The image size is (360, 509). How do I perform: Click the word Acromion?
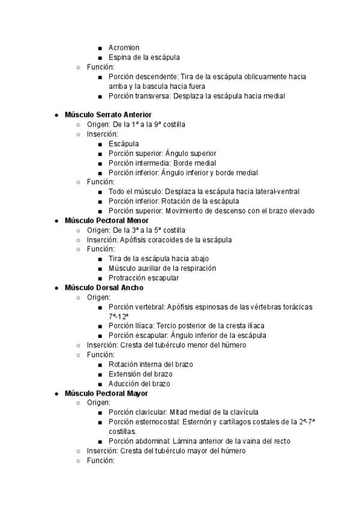(124, 48)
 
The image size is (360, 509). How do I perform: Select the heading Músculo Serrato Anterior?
(108, 115)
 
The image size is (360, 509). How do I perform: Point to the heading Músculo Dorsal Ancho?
(104, 288)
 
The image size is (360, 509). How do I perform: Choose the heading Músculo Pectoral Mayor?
(106, 393)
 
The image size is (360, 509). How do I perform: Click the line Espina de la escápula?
(144, 58)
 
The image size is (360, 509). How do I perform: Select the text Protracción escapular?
(143, 278)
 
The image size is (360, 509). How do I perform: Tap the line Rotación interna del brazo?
(151, 364)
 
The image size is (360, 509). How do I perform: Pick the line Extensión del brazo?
(140, 374)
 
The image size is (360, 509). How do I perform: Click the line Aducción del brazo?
(139, 384)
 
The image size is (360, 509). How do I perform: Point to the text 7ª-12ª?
(119, 316)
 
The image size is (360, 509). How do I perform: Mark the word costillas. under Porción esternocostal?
(122, 432)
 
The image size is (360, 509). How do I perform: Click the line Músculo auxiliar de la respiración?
(162, 268)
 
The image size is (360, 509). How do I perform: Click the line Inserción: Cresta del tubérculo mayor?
(166, 451)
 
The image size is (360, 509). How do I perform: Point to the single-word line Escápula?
(124, 143)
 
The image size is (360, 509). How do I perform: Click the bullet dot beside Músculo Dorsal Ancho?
(56, 288)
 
